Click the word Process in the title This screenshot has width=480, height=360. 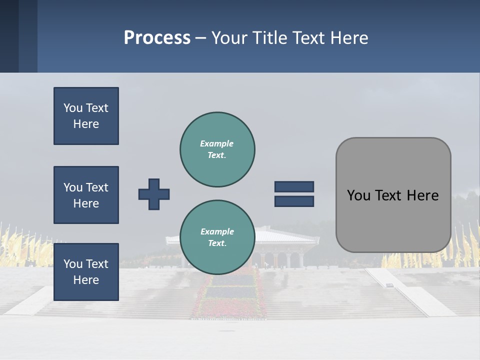click(x=157, y=38)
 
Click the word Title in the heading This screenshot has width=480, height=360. click(x=268, y=38)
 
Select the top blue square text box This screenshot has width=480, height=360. click(x=86, y=116)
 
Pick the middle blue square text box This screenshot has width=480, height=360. click(x=86, y=195)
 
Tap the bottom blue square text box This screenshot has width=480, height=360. click(x=86, y=272)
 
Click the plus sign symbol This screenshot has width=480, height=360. click(x=154, y=194)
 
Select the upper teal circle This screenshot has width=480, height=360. click(x=217, y=149)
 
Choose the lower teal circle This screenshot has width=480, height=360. click(x=217, y=237)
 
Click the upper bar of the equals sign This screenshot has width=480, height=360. click(x=294, y=186)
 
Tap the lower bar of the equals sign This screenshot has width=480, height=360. click(x=294, y=201)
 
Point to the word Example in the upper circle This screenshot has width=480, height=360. click(x=216, y=143)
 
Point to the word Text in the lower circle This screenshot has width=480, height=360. click(x=216, y=243)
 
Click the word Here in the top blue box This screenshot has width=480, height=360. click(x=86, y=124)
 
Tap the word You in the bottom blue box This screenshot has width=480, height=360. click(x=72, y=264)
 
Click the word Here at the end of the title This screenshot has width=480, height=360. click(x=349, y=38)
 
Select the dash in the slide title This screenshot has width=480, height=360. click(x=200, y=38)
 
